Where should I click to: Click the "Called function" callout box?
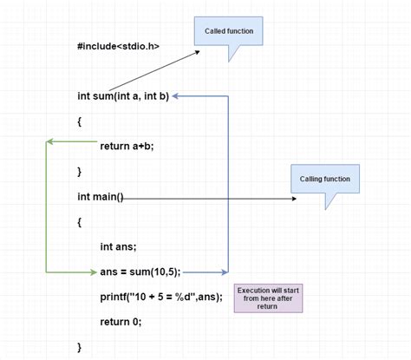(x=228, y=32)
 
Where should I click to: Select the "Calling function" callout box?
(x=325, y=180)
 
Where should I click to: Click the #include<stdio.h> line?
(x=118, y=45)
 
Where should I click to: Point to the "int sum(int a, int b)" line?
(x=122, y=96)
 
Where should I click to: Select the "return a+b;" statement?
(x=127, y=146)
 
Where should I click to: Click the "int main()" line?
(x=101, y=197)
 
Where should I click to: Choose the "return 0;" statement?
(x=120, y=322)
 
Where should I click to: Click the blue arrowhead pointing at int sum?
(x=175, y=96)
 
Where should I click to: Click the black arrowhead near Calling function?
(x=293, y=198)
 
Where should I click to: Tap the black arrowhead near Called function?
(x=198, y=51)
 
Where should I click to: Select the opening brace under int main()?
(x=80, y=222)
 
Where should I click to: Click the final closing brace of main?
(x=80, y=347)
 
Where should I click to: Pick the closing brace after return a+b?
(x=80, y=172)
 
